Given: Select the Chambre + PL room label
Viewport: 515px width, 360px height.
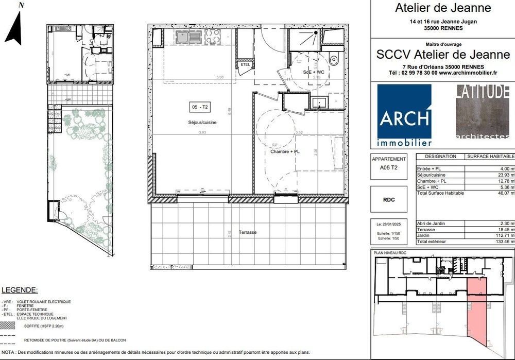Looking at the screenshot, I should [285, 151].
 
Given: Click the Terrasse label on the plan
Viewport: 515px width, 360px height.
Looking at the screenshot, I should [247, 232].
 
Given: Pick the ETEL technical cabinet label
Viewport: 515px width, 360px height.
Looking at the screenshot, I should [245, 64].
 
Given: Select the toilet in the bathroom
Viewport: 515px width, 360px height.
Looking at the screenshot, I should [333, 59].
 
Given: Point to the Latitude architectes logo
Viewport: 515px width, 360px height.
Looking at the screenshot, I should [482, 112].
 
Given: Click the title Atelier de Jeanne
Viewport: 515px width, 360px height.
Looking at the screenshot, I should [442, 8].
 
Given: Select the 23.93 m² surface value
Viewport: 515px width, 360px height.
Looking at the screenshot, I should [505, 175].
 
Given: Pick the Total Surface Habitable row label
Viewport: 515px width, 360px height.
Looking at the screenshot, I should [440, 193].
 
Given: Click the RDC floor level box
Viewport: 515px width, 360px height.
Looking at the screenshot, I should [389, 200].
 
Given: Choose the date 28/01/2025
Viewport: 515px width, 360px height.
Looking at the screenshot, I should [389, 224].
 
